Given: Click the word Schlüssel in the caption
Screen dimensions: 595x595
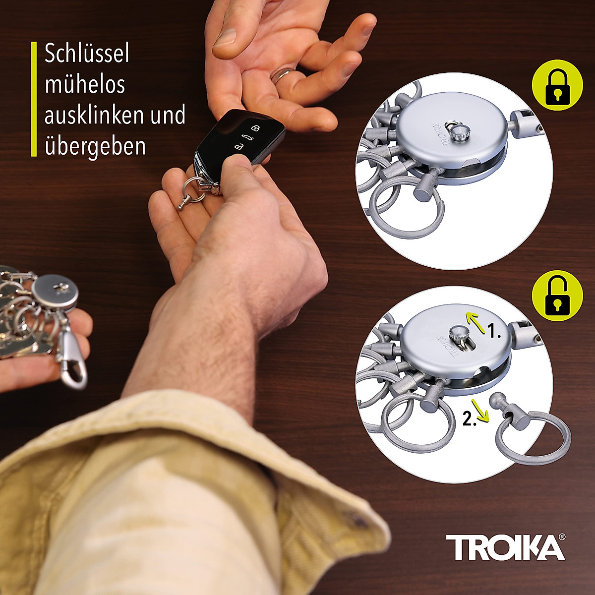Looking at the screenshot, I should tap(87, 53).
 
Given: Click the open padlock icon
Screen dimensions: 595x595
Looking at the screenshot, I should tap(557, 297).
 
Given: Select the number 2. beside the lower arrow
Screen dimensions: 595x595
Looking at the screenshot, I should tap(470, 419).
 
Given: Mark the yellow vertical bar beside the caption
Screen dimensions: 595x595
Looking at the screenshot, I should tap(34, 99).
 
